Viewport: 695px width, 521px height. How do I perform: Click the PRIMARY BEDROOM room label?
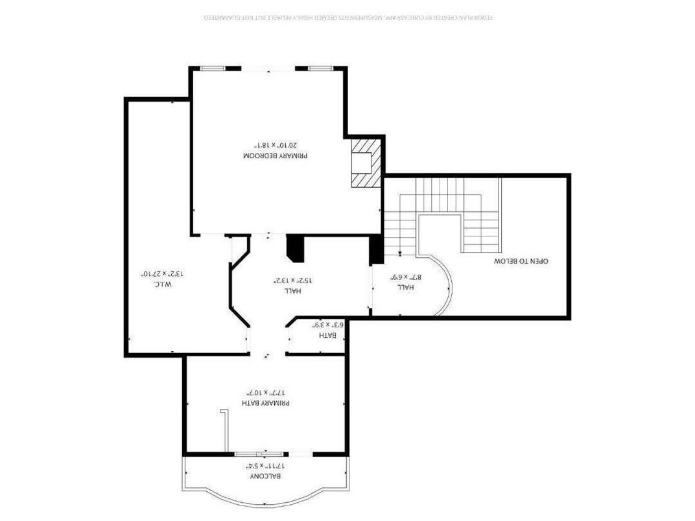pos(275,156)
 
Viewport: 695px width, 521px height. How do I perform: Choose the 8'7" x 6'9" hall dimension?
pos(406,277)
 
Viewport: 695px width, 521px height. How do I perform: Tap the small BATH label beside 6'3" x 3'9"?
pos(327,335)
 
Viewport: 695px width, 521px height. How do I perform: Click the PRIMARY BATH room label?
pos(266,403)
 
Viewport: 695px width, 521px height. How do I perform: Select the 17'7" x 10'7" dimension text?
pos(266,393)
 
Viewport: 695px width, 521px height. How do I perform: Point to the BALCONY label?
pos(266,476)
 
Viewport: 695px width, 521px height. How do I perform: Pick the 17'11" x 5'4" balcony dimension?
pos(266,466)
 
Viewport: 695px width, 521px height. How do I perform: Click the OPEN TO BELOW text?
pos(521,261)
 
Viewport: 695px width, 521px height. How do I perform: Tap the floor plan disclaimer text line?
pos(348,17)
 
